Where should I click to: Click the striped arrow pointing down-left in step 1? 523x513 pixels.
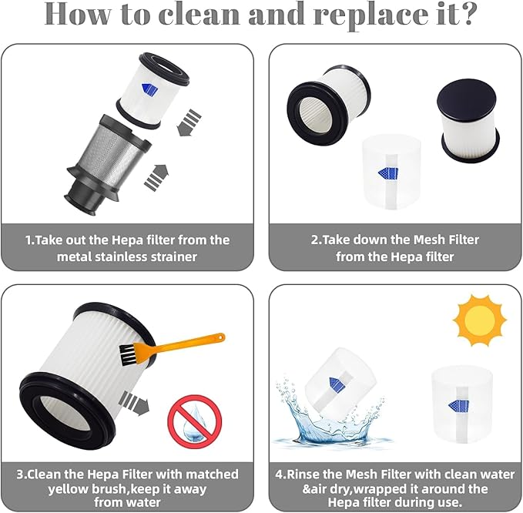[x=188, y=122]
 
